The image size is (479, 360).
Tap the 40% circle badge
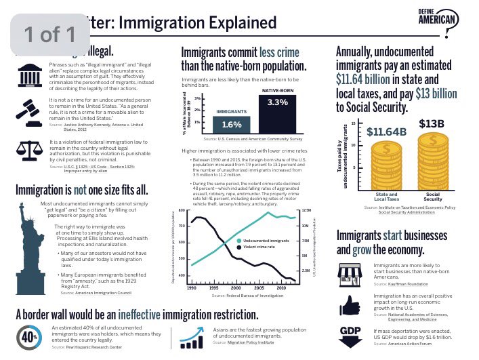click(28, 336)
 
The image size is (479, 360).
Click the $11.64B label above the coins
click(386, 131)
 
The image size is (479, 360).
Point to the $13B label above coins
click(432, 123)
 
